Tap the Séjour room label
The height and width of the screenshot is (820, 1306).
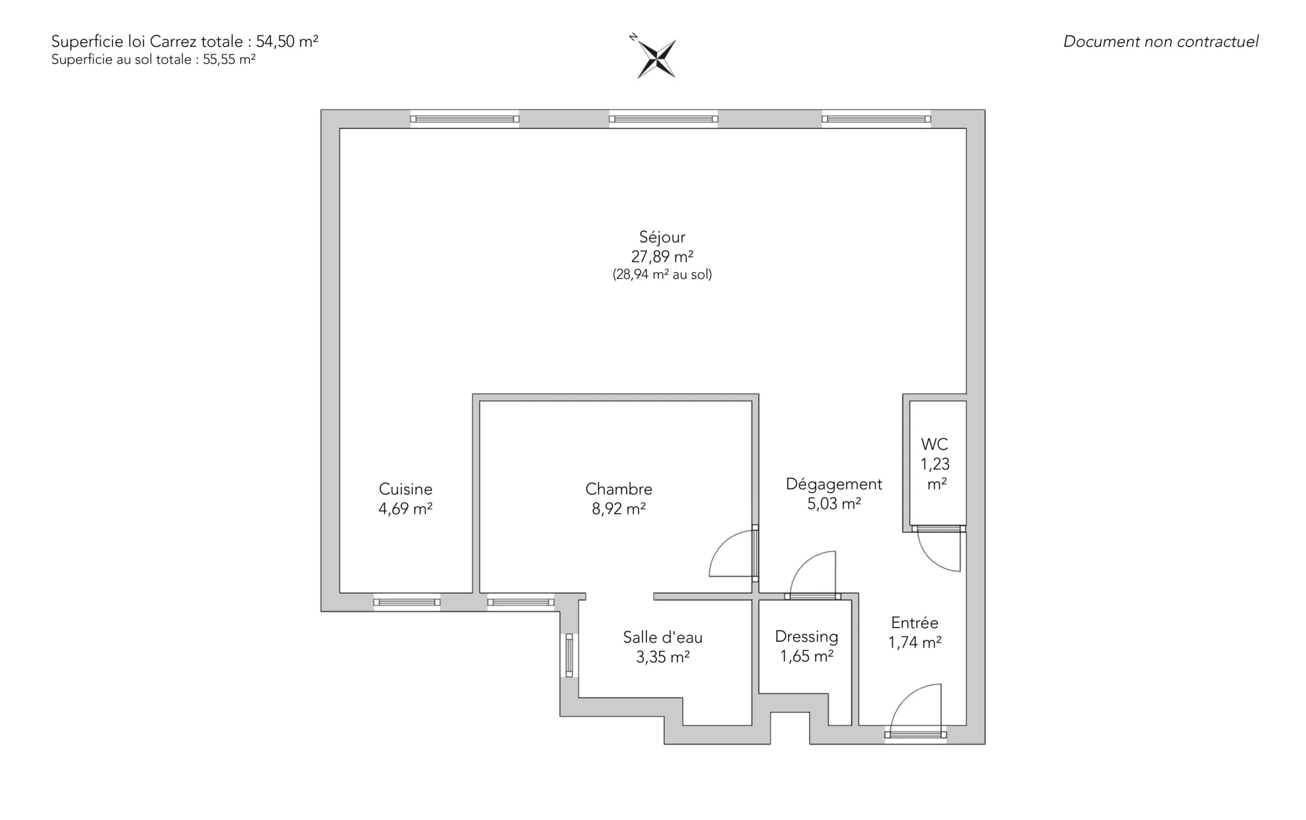[662, 237]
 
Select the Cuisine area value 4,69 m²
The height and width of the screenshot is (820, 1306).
[405, 509]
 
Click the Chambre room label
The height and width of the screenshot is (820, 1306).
[618, 489]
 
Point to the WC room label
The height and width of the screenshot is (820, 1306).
[935, 444]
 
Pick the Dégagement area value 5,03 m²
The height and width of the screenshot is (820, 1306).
[834, 504]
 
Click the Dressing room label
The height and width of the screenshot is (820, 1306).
[807, 636]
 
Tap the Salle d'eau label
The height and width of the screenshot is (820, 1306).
[663, 637]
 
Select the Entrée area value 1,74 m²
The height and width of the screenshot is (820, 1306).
[915, 642]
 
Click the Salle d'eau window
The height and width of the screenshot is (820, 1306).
[569, 655]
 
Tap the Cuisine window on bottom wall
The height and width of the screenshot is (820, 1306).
[407, 602]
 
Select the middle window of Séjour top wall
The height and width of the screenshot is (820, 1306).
[664, 119]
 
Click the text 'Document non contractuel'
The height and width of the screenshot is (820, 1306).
[1160, 41]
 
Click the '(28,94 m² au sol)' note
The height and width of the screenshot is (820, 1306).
[662, 275]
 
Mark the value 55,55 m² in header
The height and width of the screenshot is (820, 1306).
[229, 59]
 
